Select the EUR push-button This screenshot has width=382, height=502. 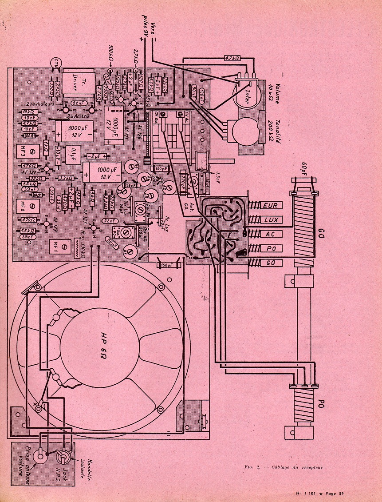[x=270, y=206]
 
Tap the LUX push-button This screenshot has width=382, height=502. [x=270, y=219]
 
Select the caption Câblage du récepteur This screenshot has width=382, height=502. [x=295, y=467]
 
